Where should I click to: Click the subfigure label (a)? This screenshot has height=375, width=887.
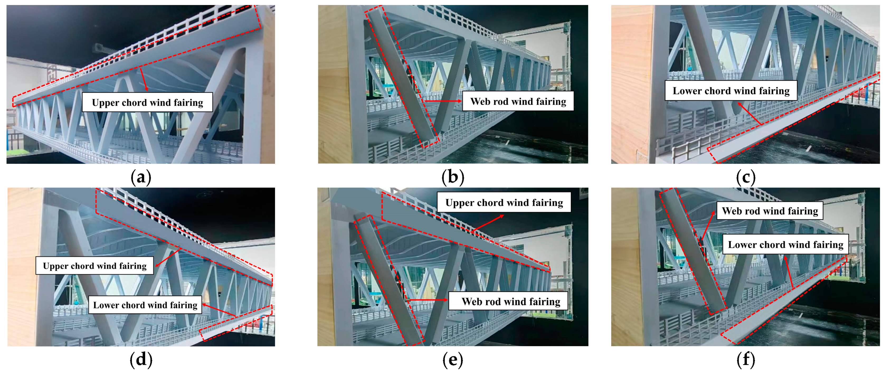141,177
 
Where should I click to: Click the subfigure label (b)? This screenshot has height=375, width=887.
453,177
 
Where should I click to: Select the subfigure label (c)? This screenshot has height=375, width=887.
746,177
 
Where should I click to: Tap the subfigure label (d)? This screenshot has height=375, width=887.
141,359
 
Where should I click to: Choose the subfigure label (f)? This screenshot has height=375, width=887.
746,359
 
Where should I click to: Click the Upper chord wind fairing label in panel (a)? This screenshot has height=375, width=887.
147,102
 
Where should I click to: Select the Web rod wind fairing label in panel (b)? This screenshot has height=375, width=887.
518,101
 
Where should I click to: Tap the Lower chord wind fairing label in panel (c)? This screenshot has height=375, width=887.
731,91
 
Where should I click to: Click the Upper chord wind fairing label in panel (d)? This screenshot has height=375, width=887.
95,266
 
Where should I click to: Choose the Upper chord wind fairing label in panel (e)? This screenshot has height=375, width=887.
504,203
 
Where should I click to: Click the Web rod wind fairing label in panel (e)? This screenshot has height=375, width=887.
511,302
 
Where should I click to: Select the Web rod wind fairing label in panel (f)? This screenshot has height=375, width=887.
770,211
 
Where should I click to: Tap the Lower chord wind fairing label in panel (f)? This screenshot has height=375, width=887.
785,245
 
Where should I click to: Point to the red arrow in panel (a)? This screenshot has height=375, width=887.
144,80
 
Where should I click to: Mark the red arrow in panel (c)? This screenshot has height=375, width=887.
749,113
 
